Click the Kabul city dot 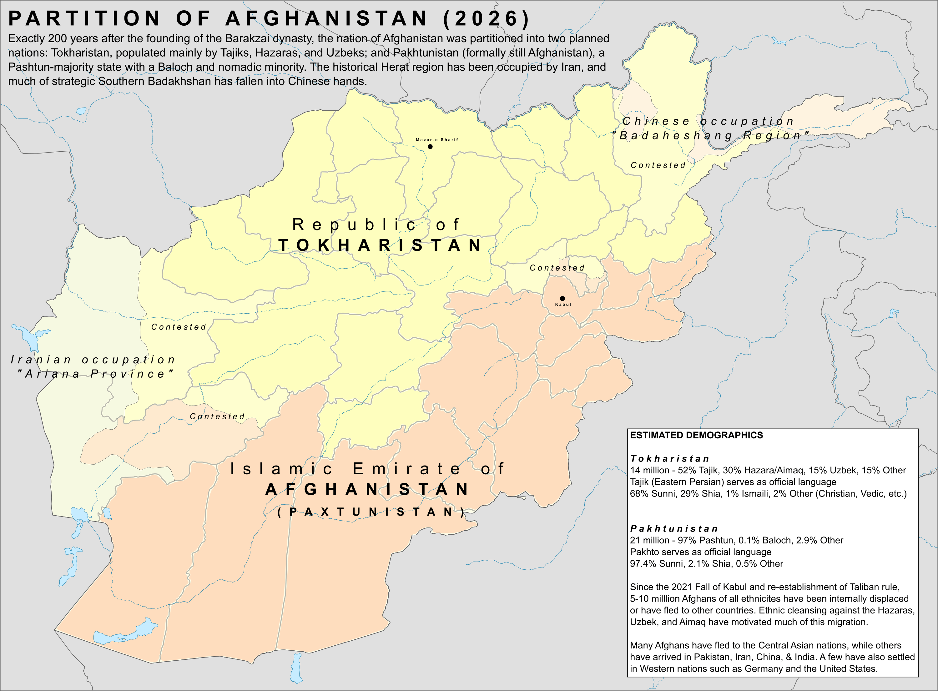pyautogui.click(x=562, y=298)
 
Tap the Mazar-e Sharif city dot pyautogui.click(x=430, y=146)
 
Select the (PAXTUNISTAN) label pyautogui.click(x=371, y=512)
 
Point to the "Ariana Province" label pyautogui.click(x=95, y=374)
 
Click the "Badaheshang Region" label pyautogui.click(x=711, y=135)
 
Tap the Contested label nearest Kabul pyautogui.click(x=557, y=268)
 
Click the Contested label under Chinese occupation pyautogui.click(x=658, y=165)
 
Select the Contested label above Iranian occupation pyautogui.click(x=179, y=327)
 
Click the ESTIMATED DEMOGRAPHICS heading pyautogui.click(x=696, y=435)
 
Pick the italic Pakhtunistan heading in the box pyautogui.click(x=674, y=529)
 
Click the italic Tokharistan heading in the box pyautogui.click(x=669, y=458)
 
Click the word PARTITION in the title pyautogui.click(x=83, y=19)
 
